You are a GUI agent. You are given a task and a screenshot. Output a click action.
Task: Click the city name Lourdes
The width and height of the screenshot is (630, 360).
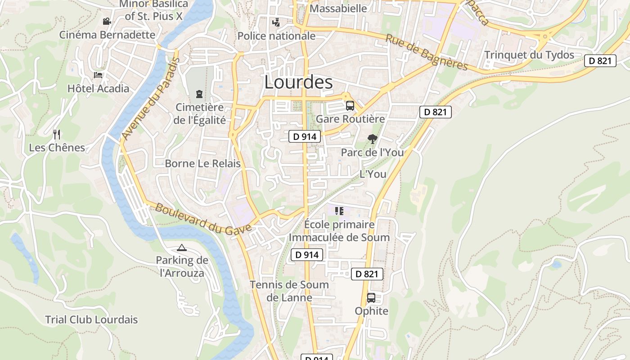pyautogui.click(x=298, y=82)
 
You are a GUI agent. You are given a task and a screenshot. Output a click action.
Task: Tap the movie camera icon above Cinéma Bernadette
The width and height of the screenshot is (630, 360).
pyautogui.click(x=107, y=21)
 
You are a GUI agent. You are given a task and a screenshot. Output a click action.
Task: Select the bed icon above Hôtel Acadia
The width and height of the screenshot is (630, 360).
pyautogui.click(x=98, y=75)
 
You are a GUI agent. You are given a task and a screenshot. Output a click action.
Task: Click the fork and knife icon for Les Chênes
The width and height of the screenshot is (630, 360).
pyautogui.click(x=57, y=134)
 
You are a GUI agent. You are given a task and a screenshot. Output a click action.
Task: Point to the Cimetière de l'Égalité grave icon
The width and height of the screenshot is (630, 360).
pyautogui.click(x=199, y=94)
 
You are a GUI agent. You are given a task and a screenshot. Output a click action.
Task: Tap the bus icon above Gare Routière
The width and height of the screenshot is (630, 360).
pyautogui.click(x=350, y=106)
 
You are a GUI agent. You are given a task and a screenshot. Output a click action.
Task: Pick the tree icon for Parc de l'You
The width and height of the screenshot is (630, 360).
pyautogui.click(x=372, y=139)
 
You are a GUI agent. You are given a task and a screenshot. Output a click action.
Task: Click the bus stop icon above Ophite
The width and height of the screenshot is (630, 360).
pyautogui.click(x=371, y=297)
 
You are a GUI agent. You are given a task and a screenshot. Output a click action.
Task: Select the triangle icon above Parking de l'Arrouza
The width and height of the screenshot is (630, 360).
pyautogui.click(x=182, y=247)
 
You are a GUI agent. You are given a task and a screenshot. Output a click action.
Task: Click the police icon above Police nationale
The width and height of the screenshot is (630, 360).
pyautogui.click(x=276, y=22)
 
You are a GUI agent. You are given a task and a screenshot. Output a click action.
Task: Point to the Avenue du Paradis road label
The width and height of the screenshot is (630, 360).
pyautogui.click(x=150, y=99)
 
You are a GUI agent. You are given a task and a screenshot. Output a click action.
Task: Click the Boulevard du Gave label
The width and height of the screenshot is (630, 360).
pyautogui.click(x=203, y=219)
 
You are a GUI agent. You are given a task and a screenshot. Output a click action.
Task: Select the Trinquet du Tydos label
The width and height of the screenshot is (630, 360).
pyautogui.click(x=529, y=55)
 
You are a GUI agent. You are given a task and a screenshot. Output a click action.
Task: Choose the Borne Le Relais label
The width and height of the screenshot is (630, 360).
pyautogui.click(x=202, y=163)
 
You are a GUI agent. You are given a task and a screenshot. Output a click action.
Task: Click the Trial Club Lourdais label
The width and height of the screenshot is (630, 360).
pyautogui.click(x=91, y=319)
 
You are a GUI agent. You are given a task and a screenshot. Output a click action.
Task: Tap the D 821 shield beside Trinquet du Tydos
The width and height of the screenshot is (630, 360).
pyautogui.click(x=600, y=61)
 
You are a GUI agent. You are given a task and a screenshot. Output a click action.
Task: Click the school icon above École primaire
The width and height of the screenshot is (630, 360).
pyautogui.click(x=339, y=211)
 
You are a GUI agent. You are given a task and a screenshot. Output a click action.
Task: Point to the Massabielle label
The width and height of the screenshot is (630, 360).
pyautogui.click(x=338, y=9)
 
